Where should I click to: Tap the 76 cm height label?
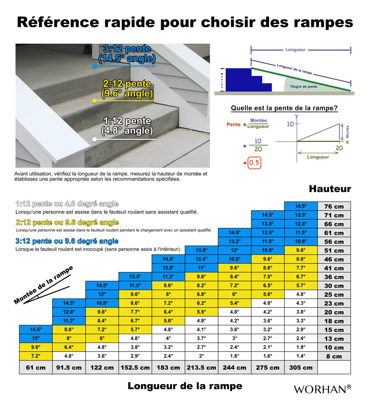[333, 206]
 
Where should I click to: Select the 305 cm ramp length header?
[301, 368]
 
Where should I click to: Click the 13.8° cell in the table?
[201, 250]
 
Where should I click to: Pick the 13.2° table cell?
[234, 241]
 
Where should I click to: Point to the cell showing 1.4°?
[301, 356]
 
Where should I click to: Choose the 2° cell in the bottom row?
[201, 356]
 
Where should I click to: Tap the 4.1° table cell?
[201, 330]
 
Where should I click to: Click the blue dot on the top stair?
[94, 66]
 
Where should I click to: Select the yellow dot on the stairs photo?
[94, 101]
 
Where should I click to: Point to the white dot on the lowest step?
[94, 139]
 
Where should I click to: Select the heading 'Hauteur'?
[330, 189]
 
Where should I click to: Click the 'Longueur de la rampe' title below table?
[185, 386]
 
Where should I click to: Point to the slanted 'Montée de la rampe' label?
[44, 284]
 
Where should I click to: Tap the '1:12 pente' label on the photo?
[127, 121]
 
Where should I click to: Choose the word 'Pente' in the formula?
[234, 124]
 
